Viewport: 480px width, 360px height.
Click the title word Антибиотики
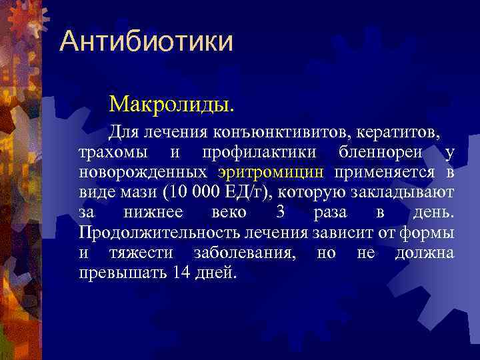[x=146, y=41]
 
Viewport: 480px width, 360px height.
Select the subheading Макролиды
[x=172, y=103]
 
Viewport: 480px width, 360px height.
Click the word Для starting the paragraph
[x=124, y=132]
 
